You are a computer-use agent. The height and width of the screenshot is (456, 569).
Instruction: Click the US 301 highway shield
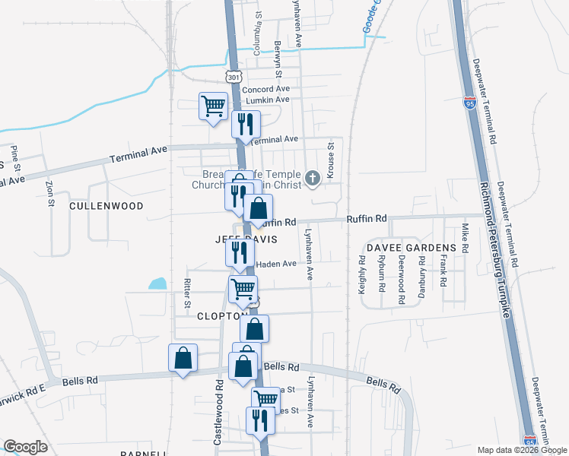click(234, 77)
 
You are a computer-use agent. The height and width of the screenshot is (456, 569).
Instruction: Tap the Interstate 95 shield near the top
click(471, 103)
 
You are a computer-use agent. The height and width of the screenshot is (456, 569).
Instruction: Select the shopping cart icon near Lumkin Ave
click(213, 106)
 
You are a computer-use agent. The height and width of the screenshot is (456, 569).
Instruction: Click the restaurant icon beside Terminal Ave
click(246, 123)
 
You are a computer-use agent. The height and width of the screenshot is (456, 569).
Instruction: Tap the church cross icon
click(312, 179)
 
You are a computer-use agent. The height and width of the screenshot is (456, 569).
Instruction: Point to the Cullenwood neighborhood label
click(106, 206)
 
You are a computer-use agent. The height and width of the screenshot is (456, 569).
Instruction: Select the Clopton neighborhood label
click(221, 315)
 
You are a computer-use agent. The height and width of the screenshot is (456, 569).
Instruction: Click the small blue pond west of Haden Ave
click(157, 285)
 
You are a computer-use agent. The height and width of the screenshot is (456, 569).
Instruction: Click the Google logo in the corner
click(26, 447)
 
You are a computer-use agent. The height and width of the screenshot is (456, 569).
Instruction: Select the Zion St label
click(50, 193)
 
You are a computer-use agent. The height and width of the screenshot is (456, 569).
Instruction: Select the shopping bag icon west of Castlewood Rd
click(183, 358)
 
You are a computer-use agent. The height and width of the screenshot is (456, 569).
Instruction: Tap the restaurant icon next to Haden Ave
click(240, 252)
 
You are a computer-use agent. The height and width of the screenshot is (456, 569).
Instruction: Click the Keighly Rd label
click(362, 274)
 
